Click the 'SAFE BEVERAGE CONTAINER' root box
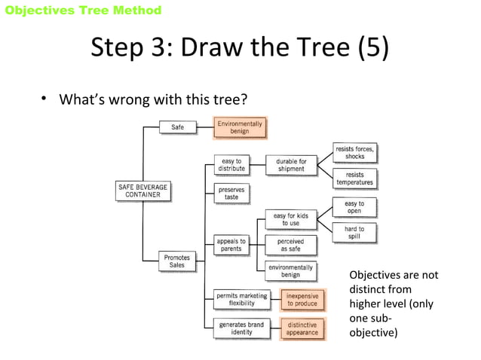pyautogui.click(x=142, y=191)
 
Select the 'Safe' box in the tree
pyautogui.click(x=177, y=127)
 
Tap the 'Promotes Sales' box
pyautogui.click(x=177, y=261)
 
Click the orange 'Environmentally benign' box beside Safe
pyautogui.click(x=240, y=127)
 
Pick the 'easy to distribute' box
pyautogui.click(x=231, y=165)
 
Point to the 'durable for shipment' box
pyautogui.click(x=290, y=165)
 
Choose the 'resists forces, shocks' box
pyautogui.click(x=354, y=153)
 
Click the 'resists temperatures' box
pyautogui.click(x=354, y=178)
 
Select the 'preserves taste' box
pyautogui.click(x=231, y=193)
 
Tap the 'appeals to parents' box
pyautogui.click(x=231, y=245)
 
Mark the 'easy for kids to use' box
pyautogui.click(x=290, y=219)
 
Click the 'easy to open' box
pyautogui.click(x=354, y=207)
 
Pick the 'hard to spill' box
pyautogui.click(x=354, y=233)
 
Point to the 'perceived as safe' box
pyautogui.click(x=290, y=245)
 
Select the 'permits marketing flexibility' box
pyautogui.click(x=241, y=300)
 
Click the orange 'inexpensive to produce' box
pyautogui.click(x=302, y=300)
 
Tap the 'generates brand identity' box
pyautogui.click(x=241, y=329)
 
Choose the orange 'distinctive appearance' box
pyautogui.click(x=302, y=329)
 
